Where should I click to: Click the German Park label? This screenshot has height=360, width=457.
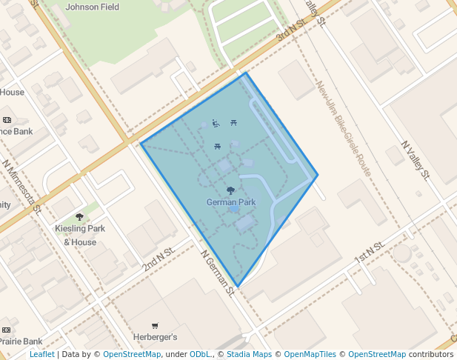point(231,202)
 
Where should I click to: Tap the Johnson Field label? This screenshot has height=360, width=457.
point(92,7)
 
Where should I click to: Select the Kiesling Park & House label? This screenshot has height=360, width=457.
point(80,235)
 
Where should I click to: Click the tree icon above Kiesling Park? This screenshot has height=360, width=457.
point(79,217)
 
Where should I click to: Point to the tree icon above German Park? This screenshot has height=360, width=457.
point(231,190)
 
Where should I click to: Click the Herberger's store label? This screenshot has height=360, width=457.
point(154,337)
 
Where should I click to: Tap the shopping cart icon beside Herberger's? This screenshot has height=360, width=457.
point(155,325)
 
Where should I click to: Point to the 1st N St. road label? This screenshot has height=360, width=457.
point(370,252)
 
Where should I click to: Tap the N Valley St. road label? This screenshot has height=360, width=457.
point(415,161)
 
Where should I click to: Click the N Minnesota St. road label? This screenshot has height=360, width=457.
point(21,186)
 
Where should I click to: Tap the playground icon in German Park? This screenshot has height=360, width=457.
point(216,123)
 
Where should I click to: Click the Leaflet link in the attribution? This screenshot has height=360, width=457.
point(41,354)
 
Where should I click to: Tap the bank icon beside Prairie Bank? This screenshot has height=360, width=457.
point(7,330)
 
